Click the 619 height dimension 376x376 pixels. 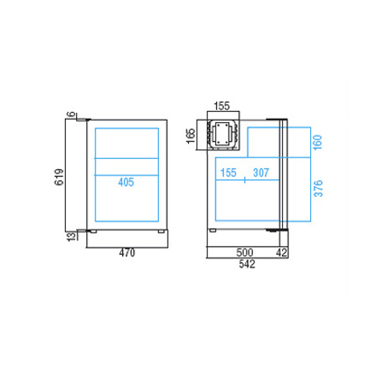tap(59, 177)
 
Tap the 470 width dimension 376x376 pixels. tap(127, 253)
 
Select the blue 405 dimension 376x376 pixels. tap(126, 183)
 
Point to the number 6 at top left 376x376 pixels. tap(71, 114)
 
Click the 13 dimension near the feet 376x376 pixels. tap(71, 237)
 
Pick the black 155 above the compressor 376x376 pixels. tap(222, 106)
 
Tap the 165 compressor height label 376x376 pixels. tap(191, 136)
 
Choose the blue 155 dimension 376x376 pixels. tap(228, 173)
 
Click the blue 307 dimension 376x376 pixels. tap(261, 173)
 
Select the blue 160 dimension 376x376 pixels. tap(318, 143)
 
